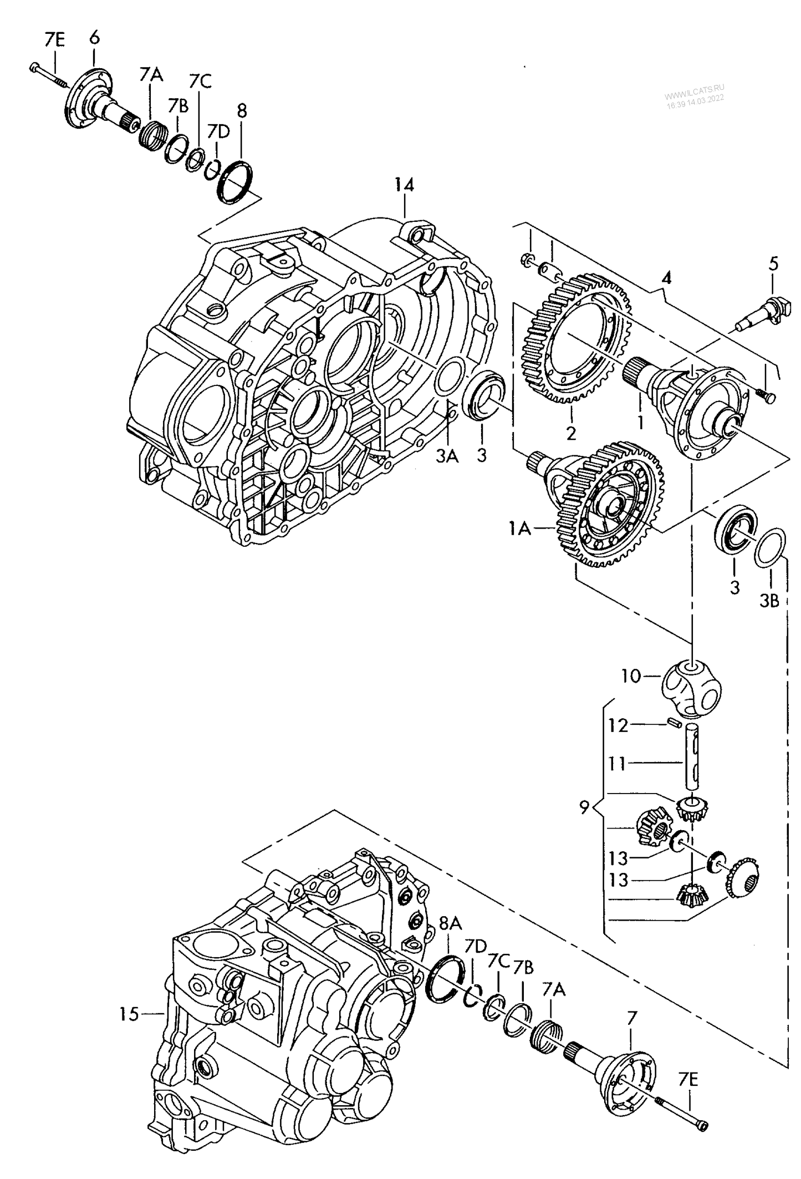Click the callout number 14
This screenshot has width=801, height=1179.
(404, 185)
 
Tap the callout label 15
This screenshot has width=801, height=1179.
(128, 1014)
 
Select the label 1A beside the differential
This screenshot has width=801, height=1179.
(521, 529)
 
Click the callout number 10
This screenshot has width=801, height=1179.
(631, 676)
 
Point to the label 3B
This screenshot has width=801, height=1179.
(769, 600)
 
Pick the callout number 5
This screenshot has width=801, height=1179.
(773, 263)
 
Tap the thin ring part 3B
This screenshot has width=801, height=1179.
(769, 549)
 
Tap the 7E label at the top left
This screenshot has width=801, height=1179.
(54, 40)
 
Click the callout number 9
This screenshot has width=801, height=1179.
(584, 808)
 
